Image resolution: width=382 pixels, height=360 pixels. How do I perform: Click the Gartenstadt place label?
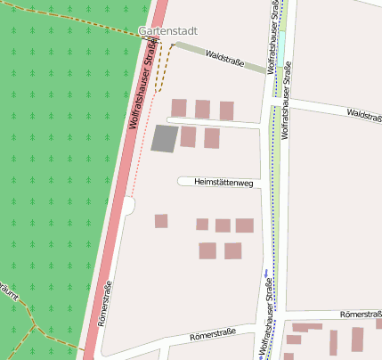pyautogui.click(x=167, y=31)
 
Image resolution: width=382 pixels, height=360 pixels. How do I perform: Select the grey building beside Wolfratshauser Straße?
pyautogui.click(x=165, y=138)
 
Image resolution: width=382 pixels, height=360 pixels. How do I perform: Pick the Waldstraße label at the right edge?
pyautogui.click(x=364, y=115)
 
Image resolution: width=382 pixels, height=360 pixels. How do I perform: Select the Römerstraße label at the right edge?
pyautogui.click(x=362, y=315)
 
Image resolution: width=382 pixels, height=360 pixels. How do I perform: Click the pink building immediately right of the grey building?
pyautogui.click(x=188, y=136)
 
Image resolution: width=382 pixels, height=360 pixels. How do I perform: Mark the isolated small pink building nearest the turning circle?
pyautogui.click(x=161, y=221)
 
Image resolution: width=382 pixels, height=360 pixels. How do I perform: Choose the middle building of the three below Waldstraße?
pyautogui.click(x=202, y=109)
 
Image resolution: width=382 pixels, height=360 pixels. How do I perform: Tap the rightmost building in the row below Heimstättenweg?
pyautogui.click(x=244, y=225)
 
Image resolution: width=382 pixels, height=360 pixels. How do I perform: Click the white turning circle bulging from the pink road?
pyautogui.click(x=129, y=206)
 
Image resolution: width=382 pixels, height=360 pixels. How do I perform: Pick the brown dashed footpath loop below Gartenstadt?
pyautogui.click(x=163, y=67)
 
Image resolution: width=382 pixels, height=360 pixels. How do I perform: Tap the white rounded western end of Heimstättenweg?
pyautogui.click(x=182, y=182)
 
